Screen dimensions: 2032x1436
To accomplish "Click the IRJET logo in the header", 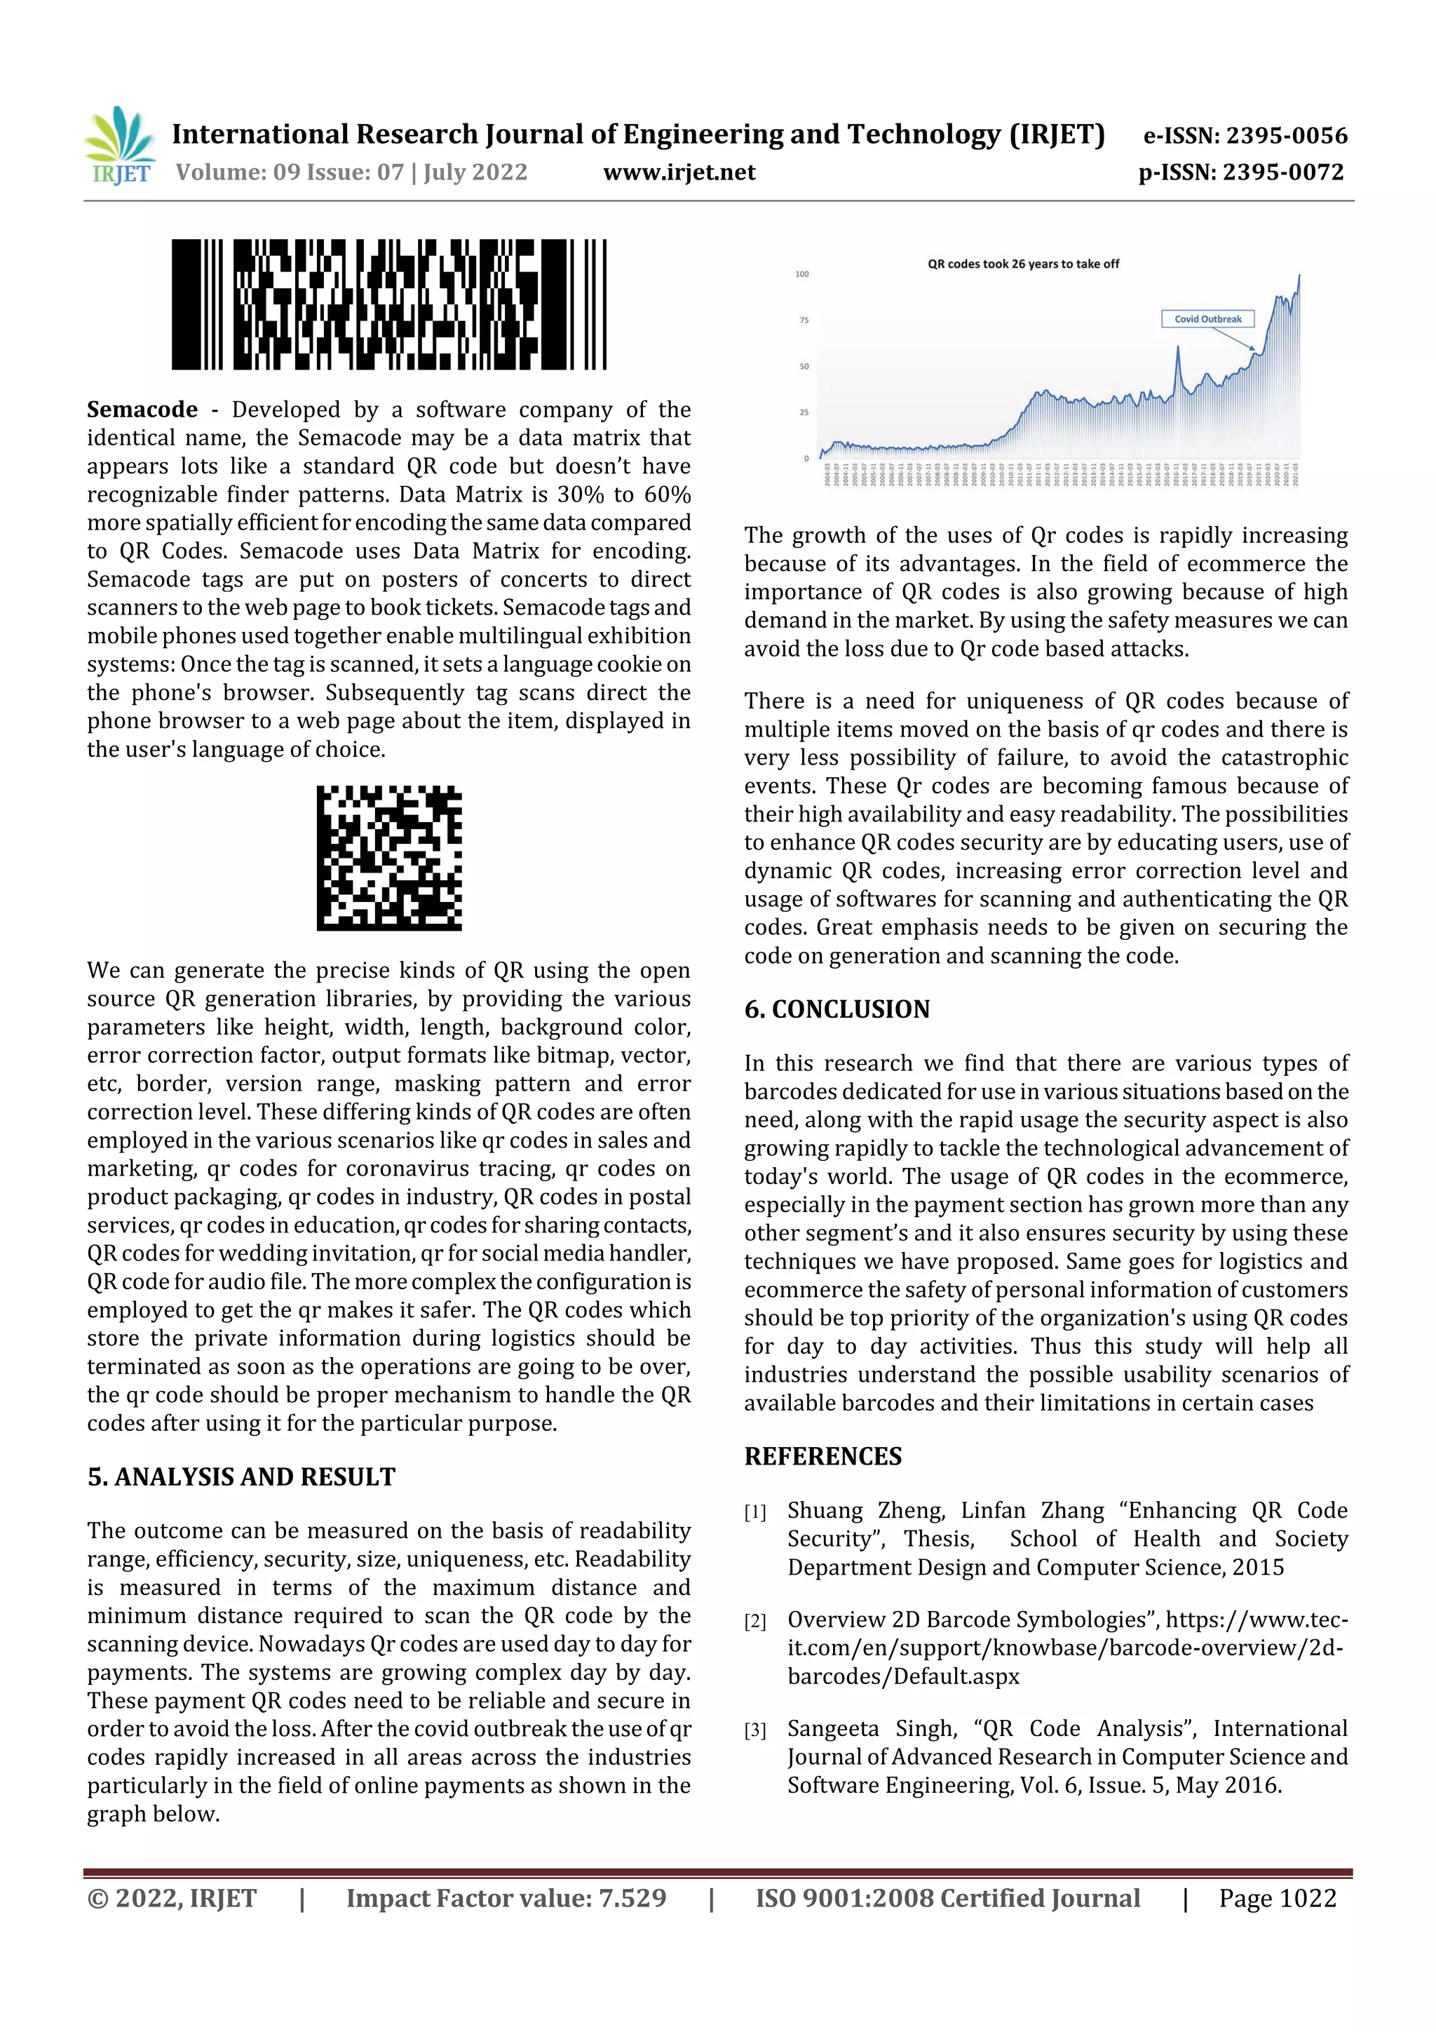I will point(119,146).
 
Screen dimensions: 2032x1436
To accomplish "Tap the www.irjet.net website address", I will point(679,173).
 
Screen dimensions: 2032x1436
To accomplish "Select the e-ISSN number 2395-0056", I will point(1285,135).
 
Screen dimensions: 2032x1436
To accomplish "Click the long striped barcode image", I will point(388,304).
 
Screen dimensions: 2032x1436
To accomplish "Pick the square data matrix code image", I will point(389,858).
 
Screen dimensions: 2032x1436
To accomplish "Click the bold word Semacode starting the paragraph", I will point(142,410).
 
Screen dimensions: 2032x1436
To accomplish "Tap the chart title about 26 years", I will point(1023,264).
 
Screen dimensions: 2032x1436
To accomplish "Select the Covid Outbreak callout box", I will point(1207,318).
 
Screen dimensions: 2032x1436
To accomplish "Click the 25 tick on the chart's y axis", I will point(804,412).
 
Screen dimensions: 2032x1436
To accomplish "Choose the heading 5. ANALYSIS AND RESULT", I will point(241,1477).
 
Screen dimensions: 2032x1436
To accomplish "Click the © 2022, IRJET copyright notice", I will point(172,1897).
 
